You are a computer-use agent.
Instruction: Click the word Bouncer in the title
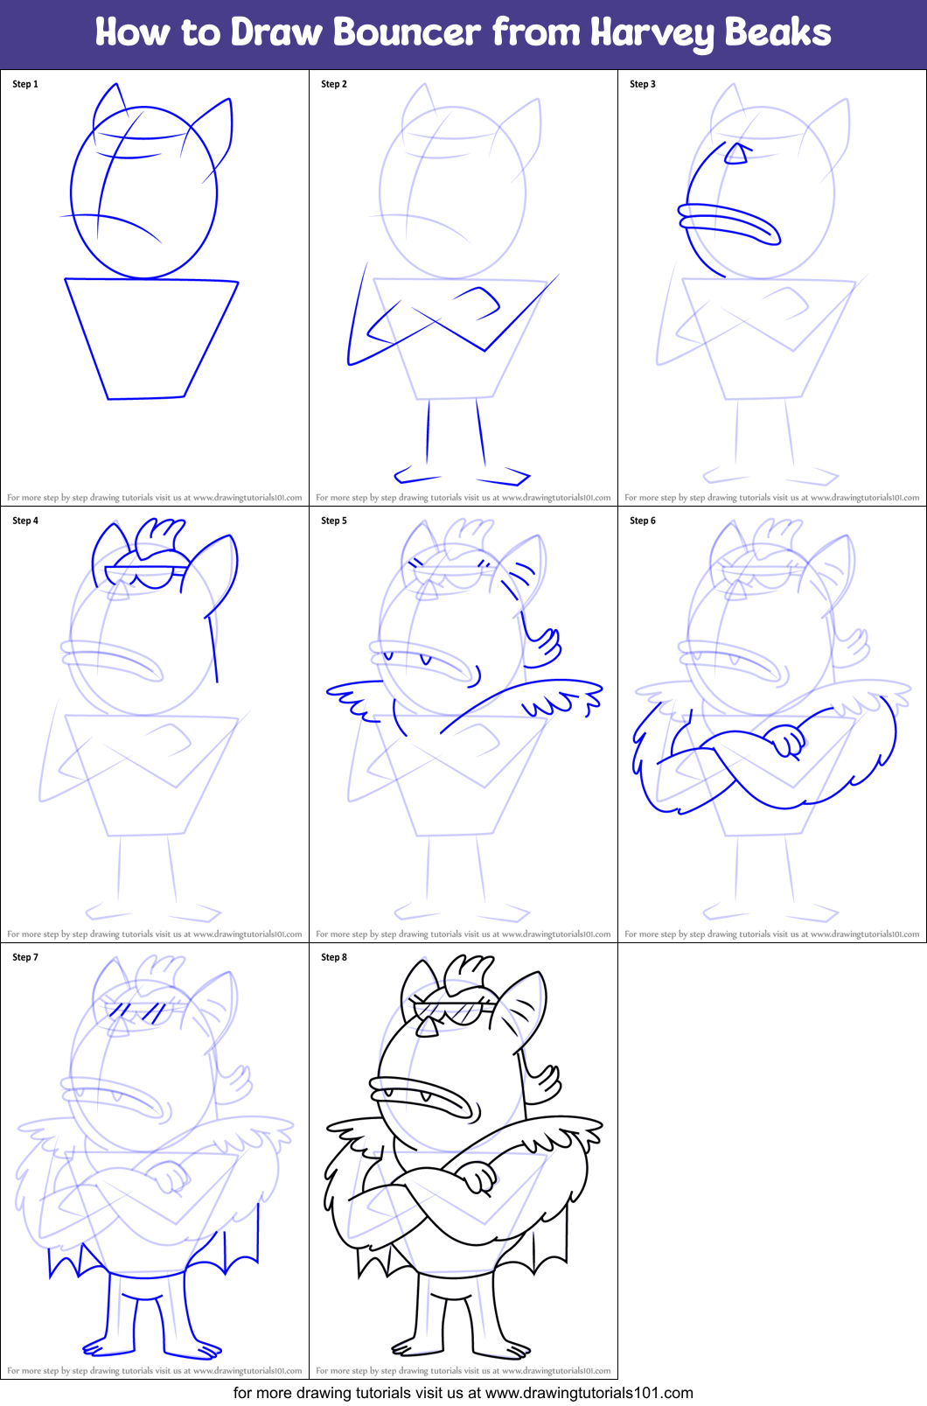point(407,33)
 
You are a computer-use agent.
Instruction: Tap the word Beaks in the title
point(777,33)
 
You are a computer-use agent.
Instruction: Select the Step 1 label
point(25,84)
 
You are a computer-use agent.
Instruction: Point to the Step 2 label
point(334,84)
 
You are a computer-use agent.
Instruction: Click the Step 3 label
point(643,84)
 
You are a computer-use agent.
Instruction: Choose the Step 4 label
point(25,521)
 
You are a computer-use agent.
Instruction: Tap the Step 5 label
point(334,521)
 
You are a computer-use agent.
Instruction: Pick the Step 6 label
point(643,521)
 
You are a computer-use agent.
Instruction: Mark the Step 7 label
point(25,957)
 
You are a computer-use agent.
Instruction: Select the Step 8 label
point(334,957)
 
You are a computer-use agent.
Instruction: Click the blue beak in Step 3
point(729,222)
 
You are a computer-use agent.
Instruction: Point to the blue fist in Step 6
point(786,740)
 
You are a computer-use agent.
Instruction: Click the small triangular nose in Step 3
point(736,155)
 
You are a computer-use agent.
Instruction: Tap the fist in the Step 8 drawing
point(477,1177)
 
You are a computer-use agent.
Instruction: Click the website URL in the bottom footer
point(589,1393)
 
